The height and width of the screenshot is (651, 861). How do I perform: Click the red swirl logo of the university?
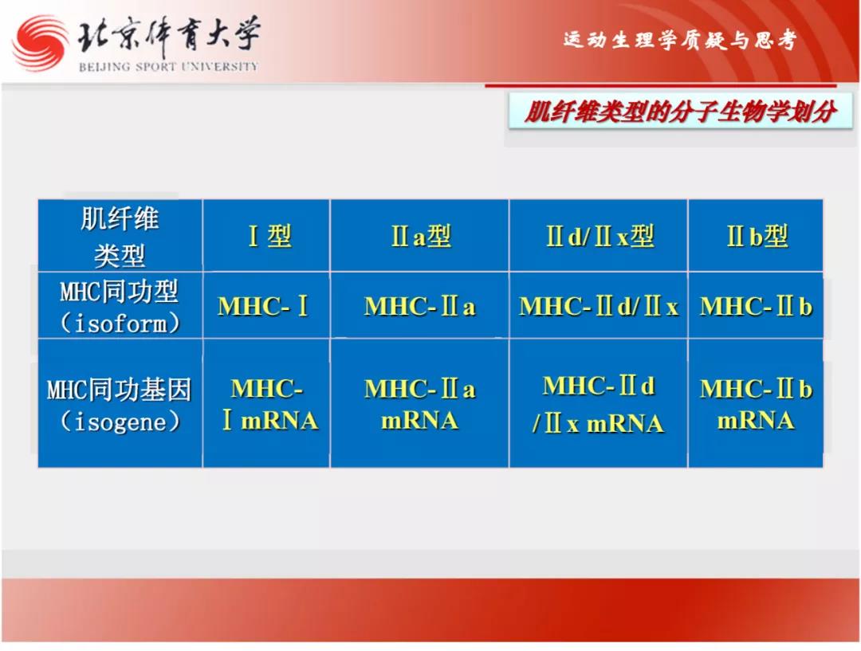(x=41, y=43)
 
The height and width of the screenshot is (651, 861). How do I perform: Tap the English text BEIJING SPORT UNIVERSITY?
(x=168, y=67)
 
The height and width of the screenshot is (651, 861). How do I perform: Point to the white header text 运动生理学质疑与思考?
(x=679, y=40)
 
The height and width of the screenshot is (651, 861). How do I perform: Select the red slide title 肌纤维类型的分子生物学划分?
(x=680, y=112)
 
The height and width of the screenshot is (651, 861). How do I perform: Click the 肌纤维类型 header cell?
(x=120, y=236)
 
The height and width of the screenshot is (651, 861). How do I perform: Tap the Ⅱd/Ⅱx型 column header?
(x=599, y=236)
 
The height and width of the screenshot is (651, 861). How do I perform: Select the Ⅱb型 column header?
(x=756, y=236)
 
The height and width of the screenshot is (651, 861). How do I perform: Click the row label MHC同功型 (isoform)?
(x=120, y=306)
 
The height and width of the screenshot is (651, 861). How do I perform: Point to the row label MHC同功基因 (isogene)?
(x=120, y=404)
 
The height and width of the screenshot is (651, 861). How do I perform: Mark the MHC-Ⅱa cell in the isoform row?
(x=420, y=306)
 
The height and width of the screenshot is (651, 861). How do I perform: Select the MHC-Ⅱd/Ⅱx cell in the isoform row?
(x=599, y=306)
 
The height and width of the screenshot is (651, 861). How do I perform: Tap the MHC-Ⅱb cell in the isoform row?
(x=756, y=306)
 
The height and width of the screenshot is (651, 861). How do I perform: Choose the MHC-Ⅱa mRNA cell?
(x=420, y=404)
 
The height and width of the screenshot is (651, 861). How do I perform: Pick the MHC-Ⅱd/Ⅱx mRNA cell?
(x=599, y=404)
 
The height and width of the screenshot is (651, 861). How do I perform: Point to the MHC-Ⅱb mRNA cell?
(x=756, y=404)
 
